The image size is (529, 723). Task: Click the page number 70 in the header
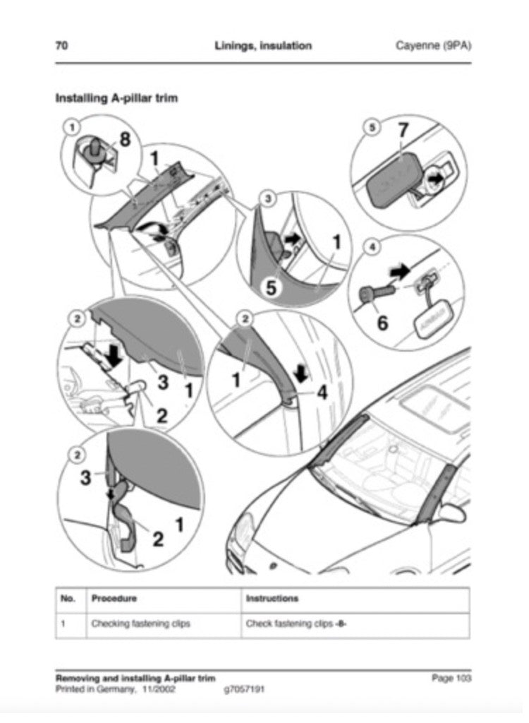(62, 46)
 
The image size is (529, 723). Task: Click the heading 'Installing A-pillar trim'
(116, 98)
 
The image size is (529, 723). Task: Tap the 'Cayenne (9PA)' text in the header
(433, 46)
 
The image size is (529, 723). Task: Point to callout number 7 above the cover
(403, 131)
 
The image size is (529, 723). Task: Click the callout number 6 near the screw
(382, 323)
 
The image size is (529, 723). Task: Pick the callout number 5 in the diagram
(272, 287)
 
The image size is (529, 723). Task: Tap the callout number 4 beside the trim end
(322, 392)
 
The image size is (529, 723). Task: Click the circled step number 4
(372, 247)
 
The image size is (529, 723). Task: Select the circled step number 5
(372, 127)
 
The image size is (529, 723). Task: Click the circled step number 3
(269, 198)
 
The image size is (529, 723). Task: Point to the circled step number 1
(71, 126)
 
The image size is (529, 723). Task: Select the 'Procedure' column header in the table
(114, 599)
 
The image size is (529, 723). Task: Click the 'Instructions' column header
(272, 599)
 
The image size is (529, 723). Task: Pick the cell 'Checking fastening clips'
(140, 623)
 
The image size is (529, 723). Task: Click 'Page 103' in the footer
(451, 678)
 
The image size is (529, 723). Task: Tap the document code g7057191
(243, 689)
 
